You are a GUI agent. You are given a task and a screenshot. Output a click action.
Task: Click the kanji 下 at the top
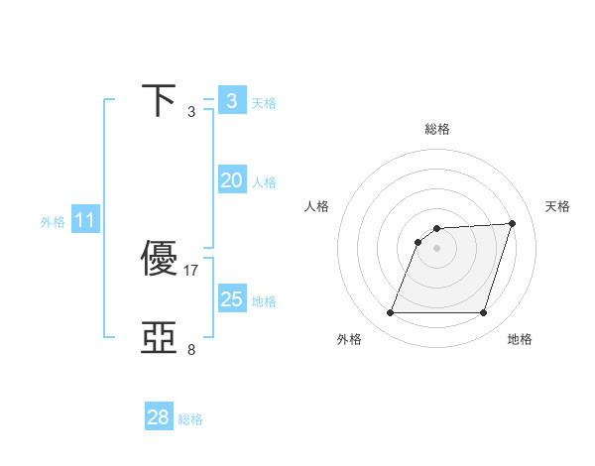(x=160, y=101)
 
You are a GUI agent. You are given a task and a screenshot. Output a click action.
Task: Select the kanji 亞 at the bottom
(x=160, y=338)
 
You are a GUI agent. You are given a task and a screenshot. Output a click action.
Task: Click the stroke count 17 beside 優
(x=191, y=270)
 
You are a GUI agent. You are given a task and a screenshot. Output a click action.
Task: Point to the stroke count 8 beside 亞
(x=191, y=349)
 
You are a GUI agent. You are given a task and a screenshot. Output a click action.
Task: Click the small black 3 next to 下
(x=191, y=112)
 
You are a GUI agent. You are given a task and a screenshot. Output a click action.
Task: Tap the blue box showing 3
(x=231, y=100)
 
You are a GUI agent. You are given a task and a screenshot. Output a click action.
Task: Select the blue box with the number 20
(x=231, y=180)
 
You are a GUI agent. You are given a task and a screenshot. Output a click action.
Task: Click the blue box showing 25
(x=231, y=299)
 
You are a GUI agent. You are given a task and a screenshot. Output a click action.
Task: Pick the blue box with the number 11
(x=84, y=220)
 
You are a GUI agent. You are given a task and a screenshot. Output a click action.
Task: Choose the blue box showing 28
(x=159, y=417)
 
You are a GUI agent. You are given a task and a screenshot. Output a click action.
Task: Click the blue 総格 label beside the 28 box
(x=190, y=419)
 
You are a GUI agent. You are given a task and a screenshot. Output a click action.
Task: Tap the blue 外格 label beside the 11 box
(x=53, y=222)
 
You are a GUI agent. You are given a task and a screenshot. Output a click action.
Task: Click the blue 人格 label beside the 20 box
(x=264, y=182)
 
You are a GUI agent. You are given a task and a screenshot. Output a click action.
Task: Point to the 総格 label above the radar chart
(x=437, y=129)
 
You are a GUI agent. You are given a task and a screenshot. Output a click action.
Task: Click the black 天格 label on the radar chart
(x=558, y=206)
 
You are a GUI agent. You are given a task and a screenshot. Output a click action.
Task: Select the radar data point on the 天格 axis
(x=513, y=223)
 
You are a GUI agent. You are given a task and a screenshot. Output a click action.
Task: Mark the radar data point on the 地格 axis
(x=483, y=313)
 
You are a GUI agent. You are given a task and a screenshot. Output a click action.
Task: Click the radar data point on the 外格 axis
(x=390, y=313)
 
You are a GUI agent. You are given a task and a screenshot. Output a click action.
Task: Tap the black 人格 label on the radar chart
(x=316, y=206)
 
